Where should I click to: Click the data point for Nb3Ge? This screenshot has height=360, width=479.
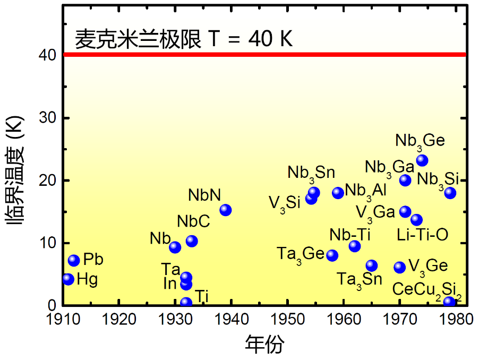click(x=422, y=160)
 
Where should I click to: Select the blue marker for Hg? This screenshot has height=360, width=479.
click(x=69, y=279)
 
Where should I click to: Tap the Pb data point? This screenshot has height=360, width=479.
click(x=74, y=260)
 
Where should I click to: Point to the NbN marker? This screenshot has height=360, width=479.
click(x=226, y=210)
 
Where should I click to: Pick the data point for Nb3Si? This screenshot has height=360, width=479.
click(x=450, y=193)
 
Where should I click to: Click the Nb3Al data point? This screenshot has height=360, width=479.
click(x=338, y=193)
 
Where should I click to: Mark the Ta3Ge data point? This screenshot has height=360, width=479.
click(x=332, y=255)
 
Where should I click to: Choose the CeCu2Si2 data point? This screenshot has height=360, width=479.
click(x=449, y=302)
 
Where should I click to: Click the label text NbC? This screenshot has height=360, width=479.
click(x=193, y=221)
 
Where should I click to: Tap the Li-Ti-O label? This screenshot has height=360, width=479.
click(x=423, y=235)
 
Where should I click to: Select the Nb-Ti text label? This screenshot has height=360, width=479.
click(x=350, y=235)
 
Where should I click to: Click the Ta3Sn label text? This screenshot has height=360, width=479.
click(x=360, y=280)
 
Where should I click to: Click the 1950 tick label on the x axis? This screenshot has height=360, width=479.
click(x=287, y=320)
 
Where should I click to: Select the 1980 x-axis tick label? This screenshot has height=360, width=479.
click(x=456, y=320)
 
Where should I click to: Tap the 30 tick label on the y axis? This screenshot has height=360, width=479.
click(x=47, y=117)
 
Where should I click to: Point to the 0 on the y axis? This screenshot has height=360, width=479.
click(x=52, y=305)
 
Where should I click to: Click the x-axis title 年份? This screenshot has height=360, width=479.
click(x=264, y=345)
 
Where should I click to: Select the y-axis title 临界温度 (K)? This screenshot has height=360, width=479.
click(x=14, y=170)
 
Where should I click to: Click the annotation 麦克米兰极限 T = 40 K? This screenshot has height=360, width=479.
click(x=184, y=39)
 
